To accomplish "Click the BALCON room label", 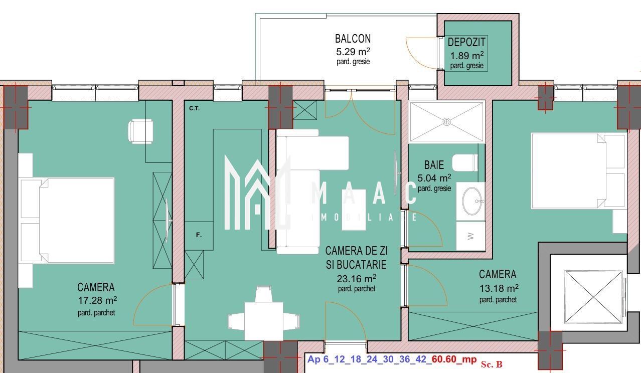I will (x=353, y=39).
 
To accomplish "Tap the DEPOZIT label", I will (x=466, y=43).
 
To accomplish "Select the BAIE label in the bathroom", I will (x=434, y=164).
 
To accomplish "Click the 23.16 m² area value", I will (x=356, y=278).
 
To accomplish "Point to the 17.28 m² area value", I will (x=97, y=300).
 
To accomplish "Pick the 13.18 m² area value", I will (x=498, y=288).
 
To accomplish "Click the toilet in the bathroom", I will (x=465, y=162).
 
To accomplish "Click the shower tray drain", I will (x=446, y=121).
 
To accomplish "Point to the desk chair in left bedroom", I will (x=140, y=131).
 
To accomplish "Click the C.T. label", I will (x=195, y=108).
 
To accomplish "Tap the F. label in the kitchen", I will (x=199, y=235).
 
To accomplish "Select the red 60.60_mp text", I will (x=454, y=359).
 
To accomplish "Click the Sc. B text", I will (x=492, y=363).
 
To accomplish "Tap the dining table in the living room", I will (x=263, y=320).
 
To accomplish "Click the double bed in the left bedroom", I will (x=68, y=220).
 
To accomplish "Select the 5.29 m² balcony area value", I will (x=353, y=51).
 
